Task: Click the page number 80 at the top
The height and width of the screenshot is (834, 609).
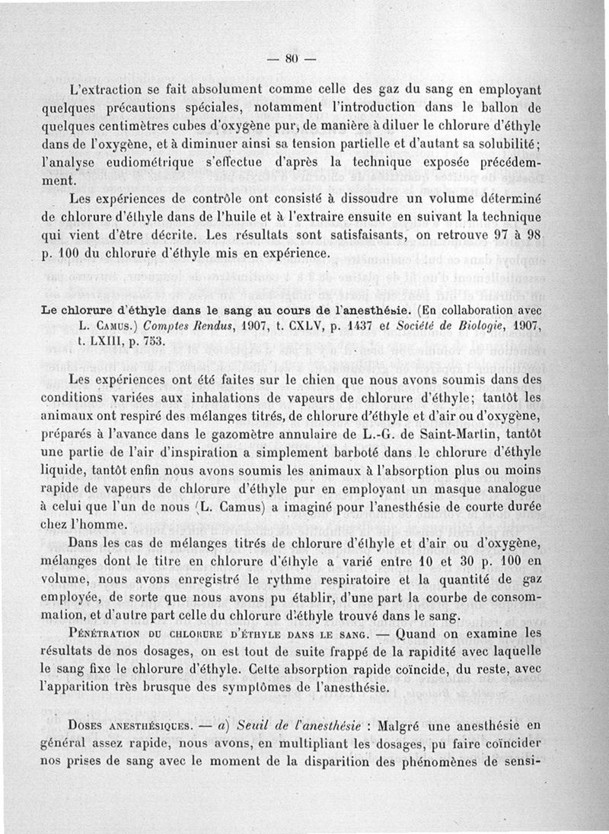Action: click(290, 59)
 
